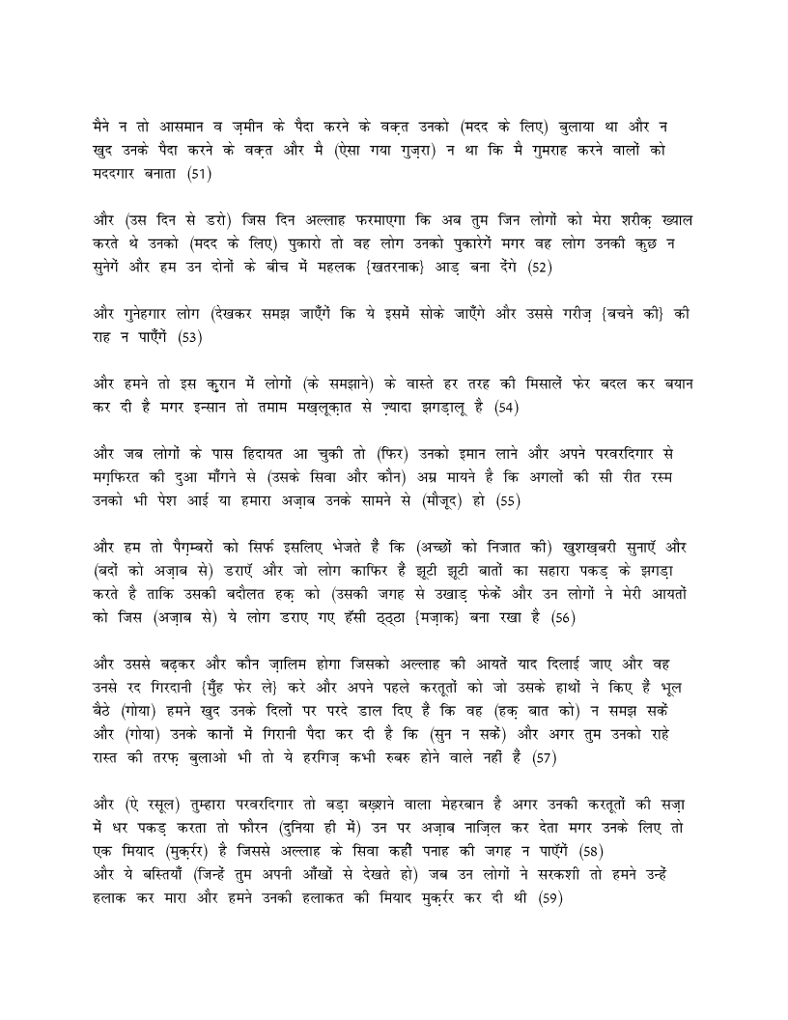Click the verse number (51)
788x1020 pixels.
point(199,174)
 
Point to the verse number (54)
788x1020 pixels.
point(506,408)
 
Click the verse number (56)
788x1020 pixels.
point(563,618)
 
